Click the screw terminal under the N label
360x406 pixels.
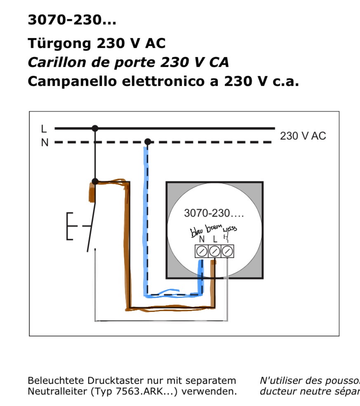tap(202, 251)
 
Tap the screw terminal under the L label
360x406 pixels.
tap(214, 251)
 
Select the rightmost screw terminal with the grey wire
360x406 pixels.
tap(227, 251)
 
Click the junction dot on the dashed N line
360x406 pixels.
tap(148, 142)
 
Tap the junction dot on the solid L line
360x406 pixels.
tap(95, 128)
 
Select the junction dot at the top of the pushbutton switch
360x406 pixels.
tap(95, 181)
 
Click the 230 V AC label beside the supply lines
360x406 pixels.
tap(303, 136)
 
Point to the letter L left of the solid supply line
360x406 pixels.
tap(44, 129)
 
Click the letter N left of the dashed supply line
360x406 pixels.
tap(45, 143)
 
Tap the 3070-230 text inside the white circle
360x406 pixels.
tap(214, 213)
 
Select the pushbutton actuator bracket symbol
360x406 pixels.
tap(70, 226)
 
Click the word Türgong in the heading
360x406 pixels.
tap(59, 43)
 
